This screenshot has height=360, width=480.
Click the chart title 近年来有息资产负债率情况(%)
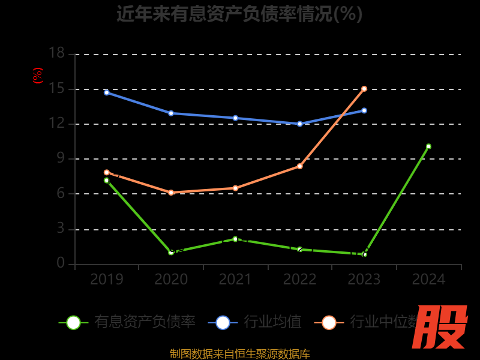tap(239, 13)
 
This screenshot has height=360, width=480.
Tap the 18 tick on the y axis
tap(56, 53)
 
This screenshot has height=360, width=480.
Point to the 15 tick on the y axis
tap(56, 89)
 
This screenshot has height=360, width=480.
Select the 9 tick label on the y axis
tap(60, 159)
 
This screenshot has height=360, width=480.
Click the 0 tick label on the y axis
tap(60, 263)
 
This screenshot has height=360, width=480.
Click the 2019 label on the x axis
tap(107, 280)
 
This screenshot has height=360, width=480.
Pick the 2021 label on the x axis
tap(235, 280)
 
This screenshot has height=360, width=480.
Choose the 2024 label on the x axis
tap(428, 280)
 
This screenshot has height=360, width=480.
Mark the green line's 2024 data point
tap(428, 146)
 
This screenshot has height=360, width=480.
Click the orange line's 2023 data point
tap(364, 89)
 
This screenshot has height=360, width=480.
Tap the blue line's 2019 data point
tap(107, 92)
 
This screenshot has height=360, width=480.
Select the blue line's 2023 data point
tap(364, 110)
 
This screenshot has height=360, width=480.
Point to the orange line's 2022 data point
tap(300, 166)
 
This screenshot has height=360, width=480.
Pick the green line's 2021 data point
tap(235, 239)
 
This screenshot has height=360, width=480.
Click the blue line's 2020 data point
tap(171, 113)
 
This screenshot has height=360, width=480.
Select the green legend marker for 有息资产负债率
tap(73, 322)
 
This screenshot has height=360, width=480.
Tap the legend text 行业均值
tap(272, 322)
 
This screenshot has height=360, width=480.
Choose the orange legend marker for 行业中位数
tap(329, 322)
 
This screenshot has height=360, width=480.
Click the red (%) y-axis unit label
tap(38, 76)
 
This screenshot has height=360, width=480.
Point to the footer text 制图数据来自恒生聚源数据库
tap(239, 353)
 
